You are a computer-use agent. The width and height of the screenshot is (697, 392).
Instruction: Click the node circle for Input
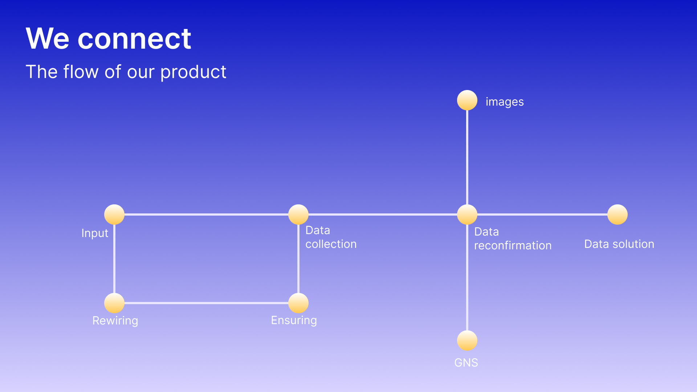(114, 215)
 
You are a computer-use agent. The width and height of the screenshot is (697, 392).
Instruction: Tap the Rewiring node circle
(114, 303)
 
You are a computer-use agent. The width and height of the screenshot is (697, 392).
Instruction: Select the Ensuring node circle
(298, 303)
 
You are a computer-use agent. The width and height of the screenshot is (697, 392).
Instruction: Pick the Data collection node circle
(298, 215)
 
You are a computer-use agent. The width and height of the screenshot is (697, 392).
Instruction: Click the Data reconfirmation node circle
(467, 215)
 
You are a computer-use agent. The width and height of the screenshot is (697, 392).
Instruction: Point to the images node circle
(467, 100)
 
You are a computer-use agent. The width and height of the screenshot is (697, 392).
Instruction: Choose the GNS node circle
(467, 340)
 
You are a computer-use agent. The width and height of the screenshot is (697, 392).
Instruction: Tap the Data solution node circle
(617, 215)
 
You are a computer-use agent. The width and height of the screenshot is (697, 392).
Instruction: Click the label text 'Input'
(95, 233)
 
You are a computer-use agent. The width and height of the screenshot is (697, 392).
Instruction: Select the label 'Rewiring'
(115, 321)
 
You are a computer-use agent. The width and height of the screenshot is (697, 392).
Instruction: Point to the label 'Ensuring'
(294, 320)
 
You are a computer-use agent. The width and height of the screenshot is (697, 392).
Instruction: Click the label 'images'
(505, 102)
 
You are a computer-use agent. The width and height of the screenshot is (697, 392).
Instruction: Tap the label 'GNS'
(466, 363)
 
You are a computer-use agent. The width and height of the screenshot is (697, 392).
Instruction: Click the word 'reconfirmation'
(513, 246)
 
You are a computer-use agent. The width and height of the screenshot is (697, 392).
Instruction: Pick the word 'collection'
(331, 244)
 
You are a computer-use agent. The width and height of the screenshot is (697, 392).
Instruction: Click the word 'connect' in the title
(134, 39)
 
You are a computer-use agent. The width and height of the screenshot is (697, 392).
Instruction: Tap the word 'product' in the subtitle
(193, 72)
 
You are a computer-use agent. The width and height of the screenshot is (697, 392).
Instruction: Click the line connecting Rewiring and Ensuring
(206, 303)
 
